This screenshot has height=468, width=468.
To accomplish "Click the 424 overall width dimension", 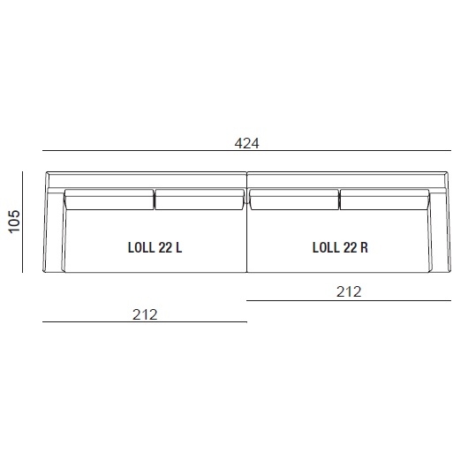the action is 247,144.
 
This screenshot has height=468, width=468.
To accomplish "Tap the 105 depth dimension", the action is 14,222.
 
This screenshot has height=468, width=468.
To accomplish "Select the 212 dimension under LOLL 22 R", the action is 349,292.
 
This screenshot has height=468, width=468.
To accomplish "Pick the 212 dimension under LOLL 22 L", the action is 145,315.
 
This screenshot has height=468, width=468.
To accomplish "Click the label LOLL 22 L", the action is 155,248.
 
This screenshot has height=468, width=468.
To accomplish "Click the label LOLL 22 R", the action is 340,248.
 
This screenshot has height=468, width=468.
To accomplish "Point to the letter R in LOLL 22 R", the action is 365,248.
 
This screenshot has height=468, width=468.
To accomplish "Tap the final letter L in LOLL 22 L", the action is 178,248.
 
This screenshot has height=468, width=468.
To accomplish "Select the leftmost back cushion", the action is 109,200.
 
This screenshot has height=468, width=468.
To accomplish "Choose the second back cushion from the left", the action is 200,200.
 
